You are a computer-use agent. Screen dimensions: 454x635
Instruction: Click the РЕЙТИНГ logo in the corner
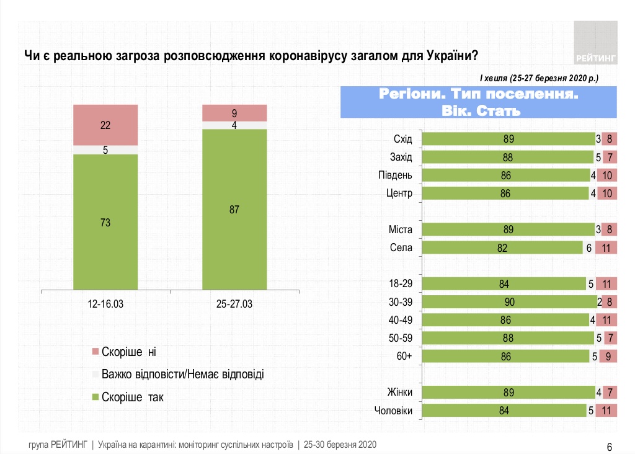[596, 43]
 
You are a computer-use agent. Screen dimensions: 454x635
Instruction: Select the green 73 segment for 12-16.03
[105, 221]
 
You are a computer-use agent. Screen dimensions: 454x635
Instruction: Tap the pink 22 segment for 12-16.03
[105, 125]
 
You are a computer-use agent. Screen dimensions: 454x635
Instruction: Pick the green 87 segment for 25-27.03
[234, 209]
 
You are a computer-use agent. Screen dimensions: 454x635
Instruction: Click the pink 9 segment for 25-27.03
[234, 113]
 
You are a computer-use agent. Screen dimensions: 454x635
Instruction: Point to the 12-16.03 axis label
[105, 305]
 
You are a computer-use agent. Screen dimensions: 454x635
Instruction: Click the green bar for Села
[506, 248]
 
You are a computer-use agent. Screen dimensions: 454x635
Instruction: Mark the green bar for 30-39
[509, 302]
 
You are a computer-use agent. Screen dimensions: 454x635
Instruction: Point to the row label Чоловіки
[394, 410]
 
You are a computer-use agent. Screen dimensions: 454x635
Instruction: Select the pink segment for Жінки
[610, 392]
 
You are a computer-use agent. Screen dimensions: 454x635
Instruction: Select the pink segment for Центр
[607, 193]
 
